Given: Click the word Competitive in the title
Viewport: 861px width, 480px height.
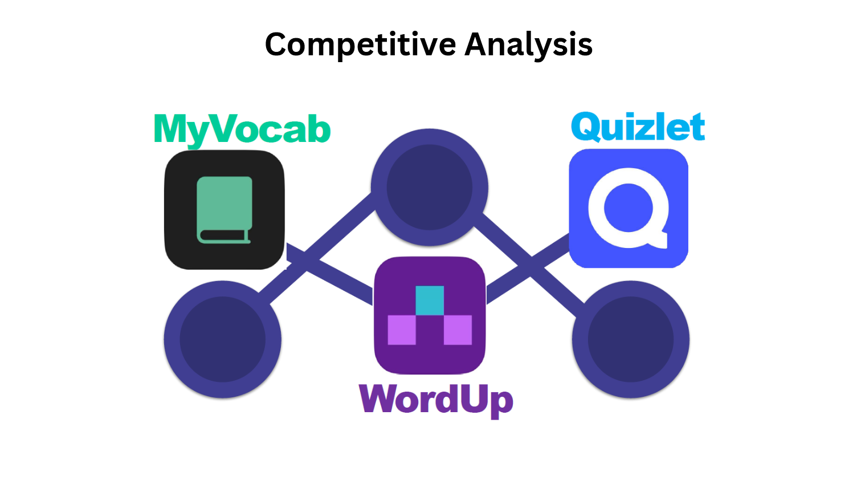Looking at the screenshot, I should pyautogui.click(x=360, y=44).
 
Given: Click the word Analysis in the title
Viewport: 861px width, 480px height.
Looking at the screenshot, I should pyautogui.click(x=528, y=44).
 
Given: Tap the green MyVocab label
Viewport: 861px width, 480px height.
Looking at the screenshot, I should pyautogui.click(x=242, y=129).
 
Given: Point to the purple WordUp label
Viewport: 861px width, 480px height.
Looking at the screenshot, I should pyautogui.click(x=436, y=400).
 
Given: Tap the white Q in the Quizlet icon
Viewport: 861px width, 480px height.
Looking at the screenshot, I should pyautogui.click(x=628, y=208).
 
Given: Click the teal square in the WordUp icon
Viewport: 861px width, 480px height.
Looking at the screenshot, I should pyautogui.click(x=430, y=300).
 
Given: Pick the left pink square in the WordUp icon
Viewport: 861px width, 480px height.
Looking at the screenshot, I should pyautogui.click(x=402, y=330).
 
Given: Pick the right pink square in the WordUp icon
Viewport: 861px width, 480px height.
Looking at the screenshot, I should pyautogui.click(x=458, y=330).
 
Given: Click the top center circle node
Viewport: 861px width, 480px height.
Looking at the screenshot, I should pyautogui.click(x=430, y=187).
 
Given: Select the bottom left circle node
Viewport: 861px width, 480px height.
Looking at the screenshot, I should pyautogui.click(x=222, y=339).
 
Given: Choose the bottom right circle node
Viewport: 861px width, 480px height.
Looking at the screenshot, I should pyautogui.click(x=631, y=339).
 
